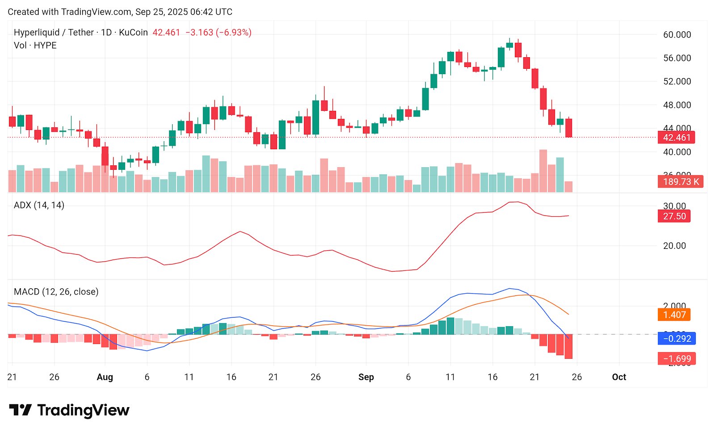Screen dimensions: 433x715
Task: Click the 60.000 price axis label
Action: click(677, 35)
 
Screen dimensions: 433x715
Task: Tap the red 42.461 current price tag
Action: click(676, 138)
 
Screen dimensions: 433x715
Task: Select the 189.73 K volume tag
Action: click(680, 182)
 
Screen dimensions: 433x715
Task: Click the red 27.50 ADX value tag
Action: click(674, 216)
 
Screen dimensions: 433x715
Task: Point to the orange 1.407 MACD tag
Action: click(674, 315)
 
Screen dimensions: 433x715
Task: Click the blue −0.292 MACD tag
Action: click(677, 339)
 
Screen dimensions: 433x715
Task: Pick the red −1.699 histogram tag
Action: click(677, 359)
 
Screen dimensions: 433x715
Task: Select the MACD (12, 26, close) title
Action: click(56, 292)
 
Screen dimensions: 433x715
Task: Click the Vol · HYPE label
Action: click(35, 46)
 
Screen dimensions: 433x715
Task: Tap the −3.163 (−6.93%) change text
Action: click(218, 33)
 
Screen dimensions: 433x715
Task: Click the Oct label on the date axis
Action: click(619, 377)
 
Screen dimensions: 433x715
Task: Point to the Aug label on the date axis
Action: click(105, 377)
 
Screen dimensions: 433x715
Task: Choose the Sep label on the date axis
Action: click(366, 377)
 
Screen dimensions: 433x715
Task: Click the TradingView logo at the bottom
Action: click(69, 410)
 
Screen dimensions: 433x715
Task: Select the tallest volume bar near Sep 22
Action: click(543, 171)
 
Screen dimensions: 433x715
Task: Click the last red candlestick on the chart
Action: click(568, 128)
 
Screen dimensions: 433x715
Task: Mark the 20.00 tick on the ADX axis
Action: click(674, 246)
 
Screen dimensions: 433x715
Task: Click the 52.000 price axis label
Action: click(677, 81)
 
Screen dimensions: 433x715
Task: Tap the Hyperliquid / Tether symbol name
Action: click(54, 33)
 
